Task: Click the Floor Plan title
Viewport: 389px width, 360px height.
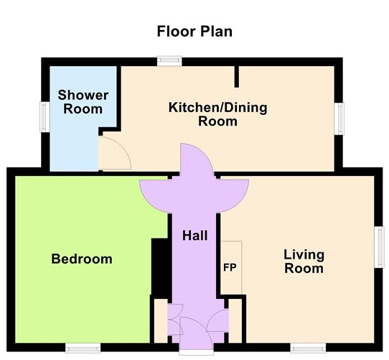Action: point(194,32)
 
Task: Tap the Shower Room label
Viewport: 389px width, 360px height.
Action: point(83,102)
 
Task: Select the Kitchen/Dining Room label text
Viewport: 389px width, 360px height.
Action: point(217,115)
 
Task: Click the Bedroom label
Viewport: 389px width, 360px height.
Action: point(82,259)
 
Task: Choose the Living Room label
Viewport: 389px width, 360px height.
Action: point(304,262)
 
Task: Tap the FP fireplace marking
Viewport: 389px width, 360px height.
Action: point(230,268)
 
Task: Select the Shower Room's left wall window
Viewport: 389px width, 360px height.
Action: point(44,116)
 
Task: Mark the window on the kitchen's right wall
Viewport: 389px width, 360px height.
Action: point(340,117)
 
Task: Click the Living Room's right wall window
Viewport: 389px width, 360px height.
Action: point(380,246)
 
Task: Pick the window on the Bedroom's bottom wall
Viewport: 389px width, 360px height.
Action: point(79,347)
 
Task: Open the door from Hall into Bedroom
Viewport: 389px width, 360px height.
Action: point(154,190)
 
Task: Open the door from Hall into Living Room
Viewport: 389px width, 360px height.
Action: point(233,190)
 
